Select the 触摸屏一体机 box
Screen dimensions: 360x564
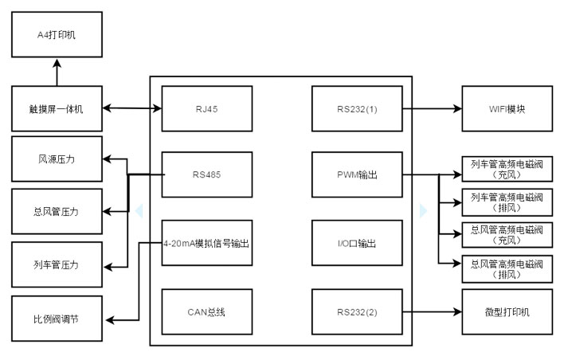click(57, 108)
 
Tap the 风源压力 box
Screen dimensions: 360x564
click(57, 158)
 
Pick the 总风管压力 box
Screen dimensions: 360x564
click(57, 211)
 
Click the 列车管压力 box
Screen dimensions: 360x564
click(57, 264)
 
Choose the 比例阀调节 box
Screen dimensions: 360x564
click(57, 319)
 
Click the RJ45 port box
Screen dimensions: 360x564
click(206, 108)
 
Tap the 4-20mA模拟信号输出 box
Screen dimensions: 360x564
click(206, 243)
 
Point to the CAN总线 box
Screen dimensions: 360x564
click(206, 311)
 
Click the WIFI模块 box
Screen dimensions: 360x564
click(507, 108)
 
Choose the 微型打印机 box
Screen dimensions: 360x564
click(507, 311)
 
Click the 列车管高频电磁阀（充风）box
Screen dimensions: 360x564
click(507, 167)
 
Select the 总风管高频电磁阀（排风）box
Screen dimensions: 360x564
click(507, 269)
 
